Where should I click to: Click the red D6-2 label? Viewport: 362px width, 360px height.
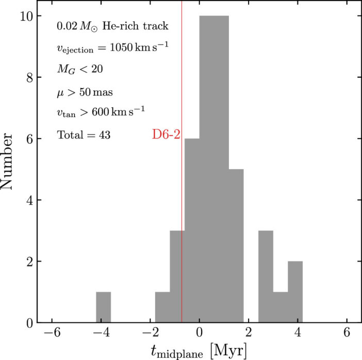click(166, 135)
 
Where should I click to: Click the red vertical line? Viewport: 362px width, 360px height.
click(182, 77)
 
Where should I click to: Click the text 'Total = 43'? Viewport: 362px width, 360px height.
click(84, 135)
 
